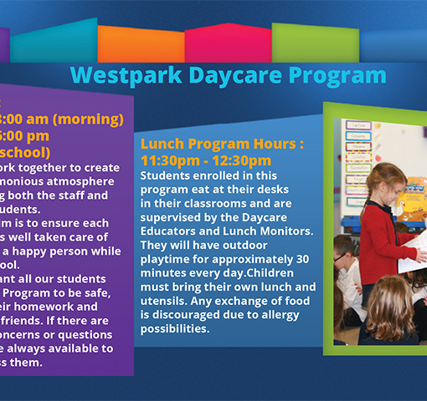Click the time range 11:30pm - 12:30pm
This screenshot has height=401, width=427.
point(205,160)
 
